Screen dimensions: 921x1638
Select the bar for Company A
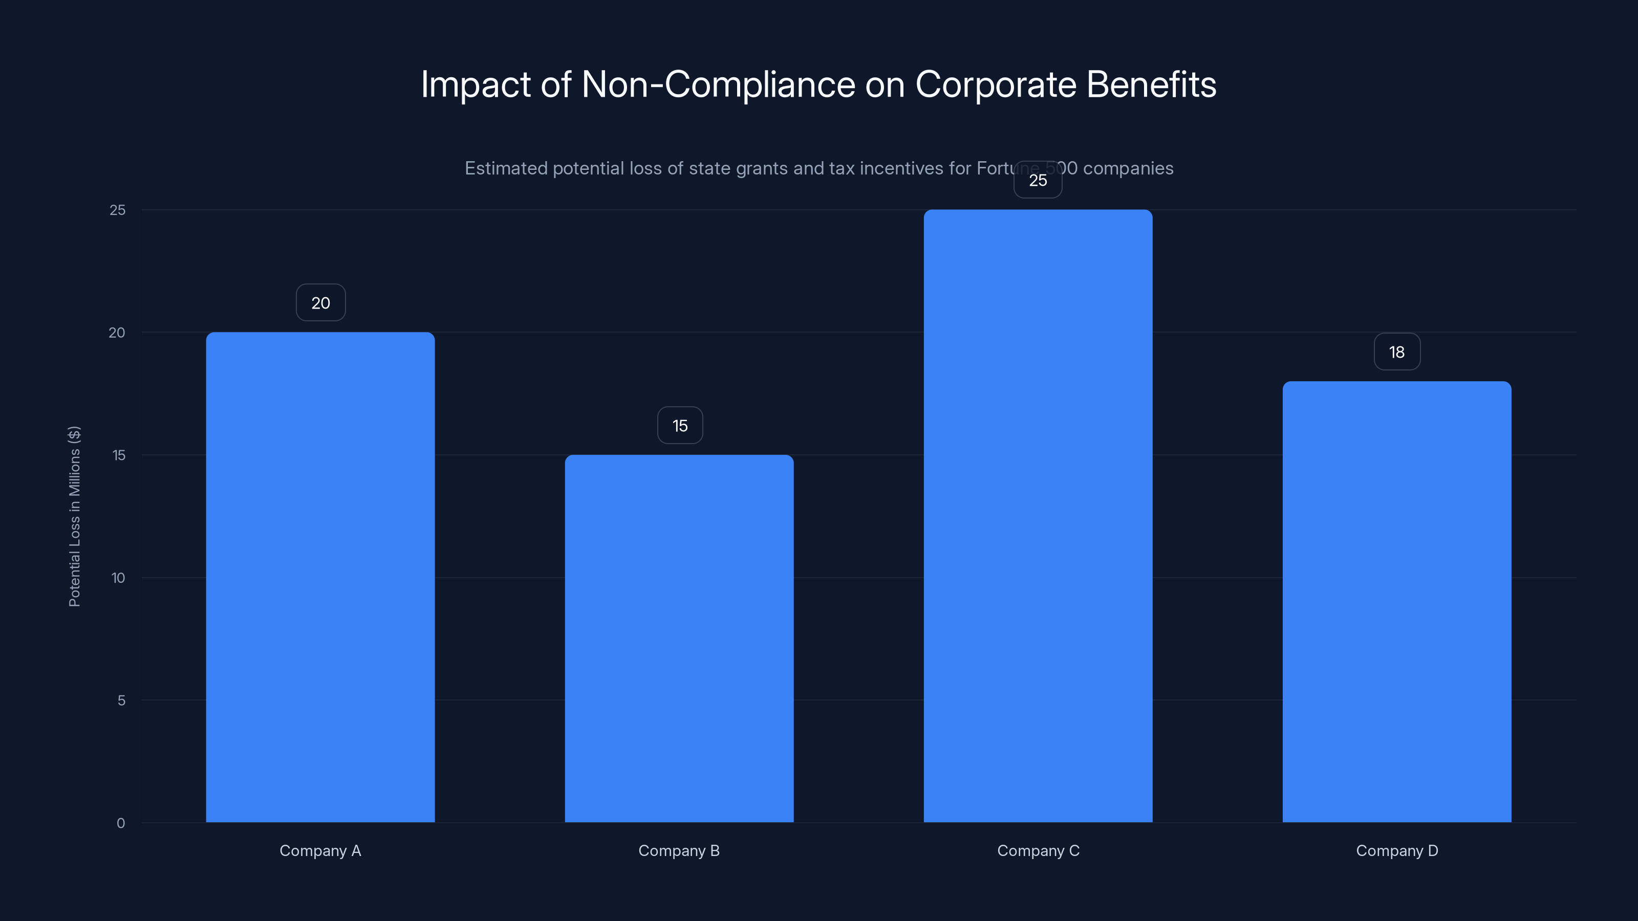click(320, 577)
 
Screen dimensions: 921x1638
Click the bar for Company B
click(679, 638)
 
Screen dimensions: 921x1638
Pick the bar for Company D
click(1396, 601)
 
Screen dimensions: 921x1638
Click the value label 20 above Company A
click(320, 302)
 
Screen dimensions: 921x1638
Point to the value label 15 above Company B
click(680, 425)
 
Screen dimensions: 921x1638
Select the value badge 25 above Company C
click(1038, 180)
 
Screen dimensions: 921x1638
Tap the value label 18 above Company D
click(1396, 352)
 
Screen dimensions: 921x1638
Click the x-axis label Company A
click(320, 850)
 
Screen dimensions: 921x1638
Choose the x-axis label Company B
click(679, 850)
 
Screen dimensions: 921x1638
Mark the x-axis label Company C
click(1038, 850)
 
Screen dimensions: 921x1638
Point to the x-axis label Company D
click(1396, 850)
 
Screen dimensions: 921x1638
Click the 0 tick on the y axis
click(121, 823)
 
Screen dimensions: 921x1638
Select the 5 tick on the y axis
click(121, 700)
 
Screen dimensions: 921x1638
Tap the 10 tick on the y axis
click(118, 578)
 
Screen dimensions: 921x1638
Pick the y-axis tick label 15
click(118, 455)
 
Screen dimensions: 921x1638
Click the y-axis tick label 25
click(118, 210)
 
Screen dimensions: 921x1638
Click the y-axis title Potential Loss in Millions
click(74, 516)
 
